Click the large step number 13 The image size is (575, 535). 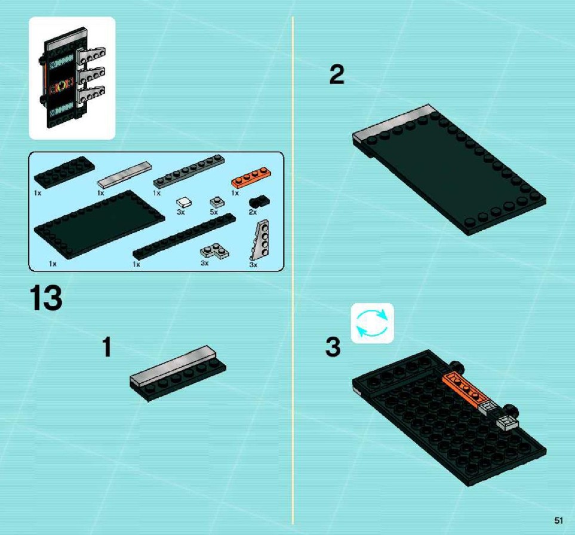(46, 298)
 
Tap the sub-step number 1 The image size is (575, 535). (106, 347)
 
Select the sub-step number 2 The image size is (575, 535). (337, 75)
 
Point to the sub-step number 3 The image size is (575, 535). (333, 347)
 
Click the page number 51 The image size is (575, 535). (558, 520)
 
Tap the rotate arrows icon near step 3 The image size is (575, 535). (372, 323)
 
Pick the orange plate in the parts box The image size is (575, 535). (251, 177)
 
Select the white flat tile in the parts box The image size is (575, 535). (124, 174)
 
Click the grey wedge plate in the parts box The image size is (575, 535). (260, 240)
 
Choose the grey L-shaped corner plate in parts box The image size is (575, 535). (214, 251)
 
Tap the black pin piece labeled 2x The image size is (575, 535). (259, 201)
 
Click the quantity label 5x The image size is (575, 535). (214, 212)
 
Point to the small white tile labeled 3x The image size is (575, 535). (184, 203)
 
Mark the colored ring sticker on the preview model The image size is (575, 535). (61, 87)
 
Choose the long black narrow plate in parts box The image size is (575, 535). (184, 236)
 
